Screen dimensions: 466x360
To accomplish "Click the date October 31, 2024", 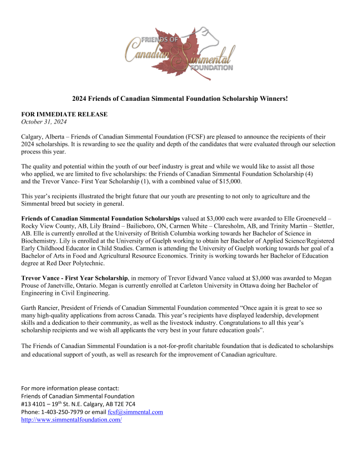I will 44,121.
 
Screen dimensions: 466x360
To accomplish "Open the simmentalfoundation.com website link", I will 71,419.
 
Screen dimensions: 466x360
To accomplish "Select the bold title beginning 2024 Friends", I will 180,99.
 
